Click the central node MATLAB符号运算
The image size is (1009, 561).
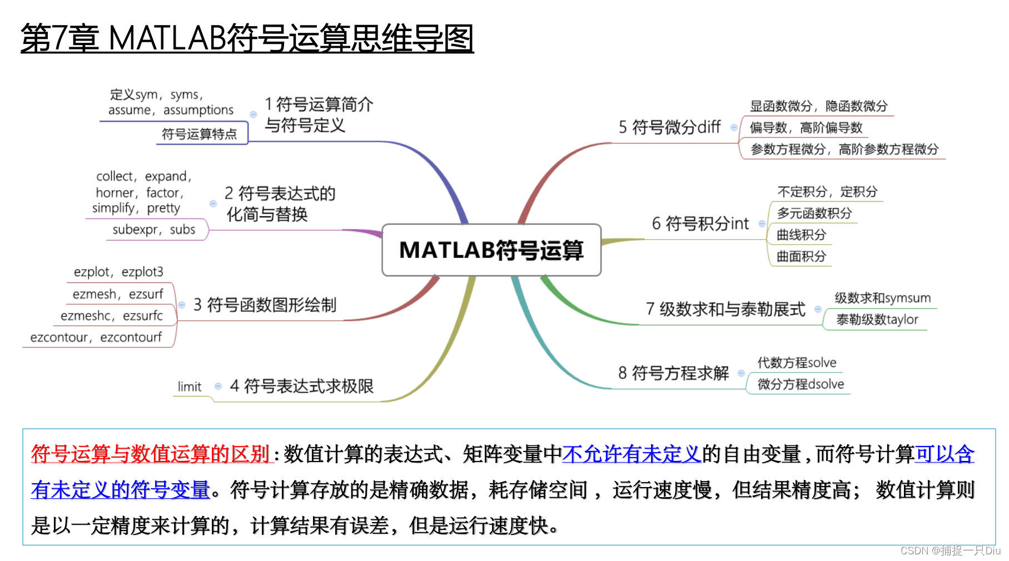click(x=491, y=250)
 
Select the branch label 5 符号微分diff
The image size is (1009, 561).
click(x=669, y=127)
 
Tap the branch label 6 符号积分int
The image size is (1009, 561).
click(x=700, y=224)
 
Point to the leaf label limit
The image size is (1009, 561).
click(x=190, y=386)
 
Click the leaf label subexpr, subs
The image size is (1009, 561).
click(x=154, y=230)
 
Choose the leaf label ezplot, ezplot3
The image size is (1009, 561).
click(x=118, y=272)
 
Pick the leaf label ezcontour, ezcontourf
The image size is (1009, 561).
click(x=96, y=337)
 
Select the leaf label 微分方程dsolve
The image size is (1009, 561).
click(x=801, y=384)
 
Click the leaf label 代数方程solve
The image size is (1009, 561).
click(x=797, y=363)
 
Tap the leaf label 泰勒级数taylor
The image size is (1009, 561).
click(x=877, y=320)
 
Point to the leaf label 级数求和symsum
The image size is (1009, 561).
click(x=882, y=298)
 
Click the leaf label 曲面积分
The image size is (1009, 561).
click(x=801, y=256)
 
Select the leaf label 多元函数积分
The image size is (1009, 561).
click(x=814, y=213)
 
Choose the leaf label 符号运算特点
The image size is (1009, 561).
click(x=199, y=134)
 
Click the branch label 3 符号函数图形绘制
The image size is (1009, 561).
click(x=265, y=305)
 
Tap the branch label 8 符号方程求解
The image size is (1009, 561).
click(x=673, y=373)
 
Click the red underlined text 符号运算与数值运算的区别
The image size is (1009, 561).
click(x=151, y=454)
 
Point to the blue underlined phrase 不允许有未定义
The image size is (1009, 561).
click(x=632, y=454)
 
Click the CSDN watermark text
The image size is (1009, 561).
click(x=950, y=550)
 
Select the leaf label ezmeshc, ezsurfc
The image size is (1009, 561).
click(x=112, y=316)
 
